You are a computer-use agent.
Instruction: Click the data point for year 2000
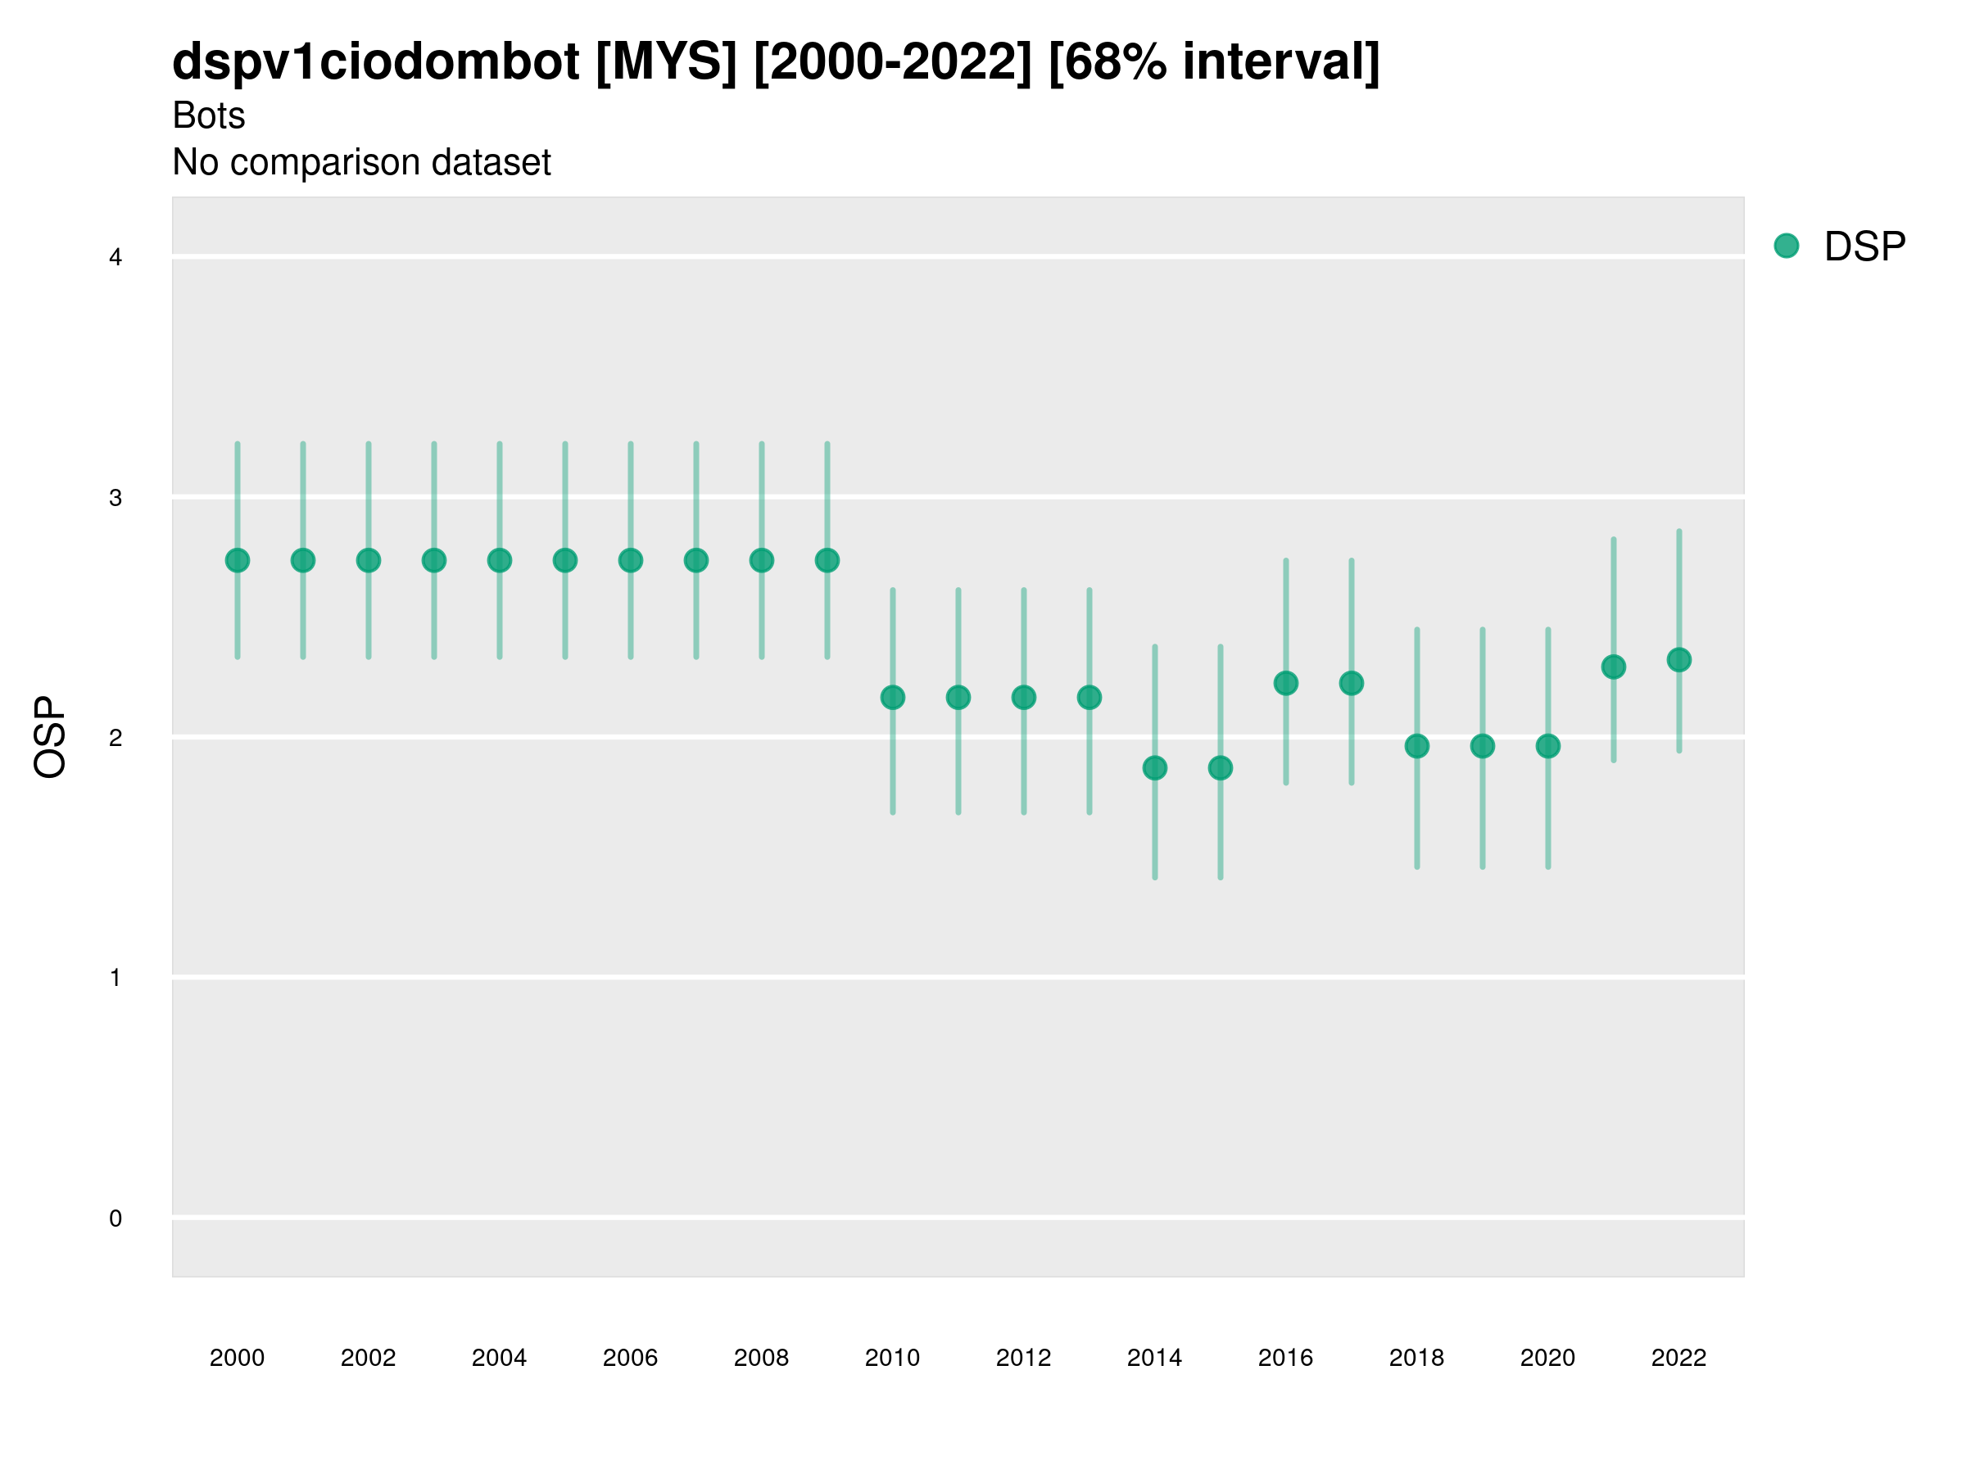click(238, 561)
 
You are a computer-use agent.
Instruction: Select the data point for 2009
click(827, 561)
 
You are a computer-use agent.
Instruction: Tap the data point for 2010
click(892, 698)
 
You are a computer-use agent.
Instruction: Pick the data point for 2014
click(1154, 767)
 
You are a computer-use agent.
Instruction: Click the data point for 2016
click(1285, 683)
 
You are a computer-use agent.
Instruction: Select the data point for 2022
click(1679, 660)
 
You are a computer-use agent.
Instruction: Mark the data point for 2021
click(1613, 667)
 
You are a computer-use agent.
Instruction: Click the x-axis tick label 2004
click(499, 1358)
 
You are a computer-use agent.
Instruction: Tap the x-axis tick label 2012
click(1023, 1358)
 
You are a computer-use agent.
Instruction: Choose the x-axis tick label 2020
click(1547, 1358)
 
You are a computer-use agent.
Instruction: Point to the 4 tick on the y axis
click(115, 258)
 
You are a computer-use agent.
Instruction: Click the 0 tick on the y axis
click(115, 1219)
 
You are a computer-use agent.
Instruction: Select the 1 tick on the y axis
click(115, 979)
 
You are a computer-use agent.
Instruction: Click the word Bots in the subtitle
click(208, 115)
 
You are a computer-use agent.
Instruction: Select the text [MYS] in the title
click(666, 62)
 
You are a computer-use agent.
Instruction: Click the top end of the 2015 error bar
click(1221, 647)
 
